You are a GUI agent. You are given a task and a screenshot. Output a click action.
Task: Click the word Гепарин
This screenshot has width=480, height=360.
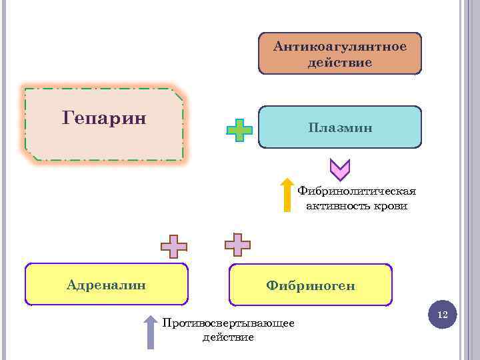pyautogui.click(x=104, y=119)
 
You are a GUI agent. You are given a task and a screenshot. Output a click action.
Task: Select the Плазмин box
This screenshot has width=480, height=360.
pyautogui.click(x=340, y=127)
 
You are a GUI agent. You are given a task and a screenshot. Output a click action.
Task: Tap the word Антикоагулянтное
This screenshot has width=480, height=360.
pyautogui.click(x=340, y=46)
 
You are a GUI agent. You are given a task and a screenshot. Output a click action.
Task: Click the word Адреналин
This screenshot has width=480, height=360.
pyautogui.click(x=107, y=285)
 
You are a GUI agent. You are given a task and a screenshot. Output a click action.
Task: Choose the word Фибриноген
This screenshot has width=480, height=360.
pyautogui.click(x=311, y=286)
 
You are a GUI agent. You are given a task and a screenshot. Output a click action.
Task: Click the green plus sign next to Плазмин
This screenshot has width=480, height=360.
pyautogui.click(x=239, y=131)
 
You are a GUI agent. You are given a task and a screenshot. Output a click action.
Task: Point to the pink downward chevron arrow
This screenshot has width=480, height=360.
pyautogui.click(x=340, y=171)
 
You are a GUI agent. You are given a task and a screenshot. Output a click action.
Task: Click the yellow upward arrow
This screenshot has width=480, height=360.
pyautogui.click(x=287, y=195)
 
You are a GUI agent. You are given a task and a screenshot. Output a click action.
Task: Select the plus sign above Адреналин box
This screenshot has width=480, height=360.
pyautogui.click(x=174, y=246)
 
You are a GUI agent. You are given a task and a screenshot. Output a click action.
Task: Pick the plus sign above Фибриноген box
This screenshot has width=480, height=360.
pyautogui.click(x=237, y=245)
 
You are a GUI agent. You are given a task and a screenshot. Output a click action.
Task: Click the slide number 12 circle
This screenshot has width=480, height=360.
pyautogui.click(x=442, y=314)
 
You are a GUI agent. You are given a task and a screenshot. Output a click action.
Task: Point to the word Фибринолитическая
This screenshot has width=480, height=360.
pyautogui.click(x=357, y=191)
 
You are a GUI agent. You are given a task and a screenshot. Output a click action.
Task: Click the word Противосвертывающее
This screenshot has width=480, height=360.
pyautogui.click(x=229, y=323)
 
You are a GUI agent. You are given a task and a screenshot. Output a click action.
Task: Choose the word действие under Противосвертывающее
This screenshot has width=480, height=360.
pyautogui.click(x=228, y=337)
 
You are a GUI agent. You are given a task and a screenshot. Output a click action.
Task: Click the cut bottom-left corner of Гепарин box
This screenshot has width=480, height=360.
pyautogui.click(x=31, y=155)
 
